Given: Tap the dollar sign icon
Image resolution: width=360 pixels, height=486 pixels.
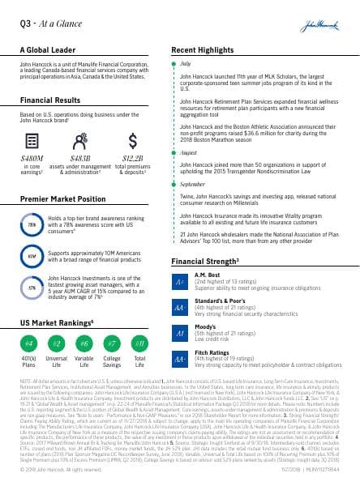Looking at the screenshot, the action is click(x=133, y=139).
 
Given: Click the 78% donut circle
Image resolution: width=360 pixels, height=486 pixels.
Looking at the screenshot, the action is click(x=32, y=224).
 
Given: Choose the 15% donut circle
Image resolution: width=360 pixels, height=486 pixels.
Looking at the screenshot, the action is click(x=32, y=287).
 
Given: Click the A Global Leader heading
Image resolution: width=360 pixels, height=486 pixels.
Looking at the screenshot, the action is click(x=48, y=50).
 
